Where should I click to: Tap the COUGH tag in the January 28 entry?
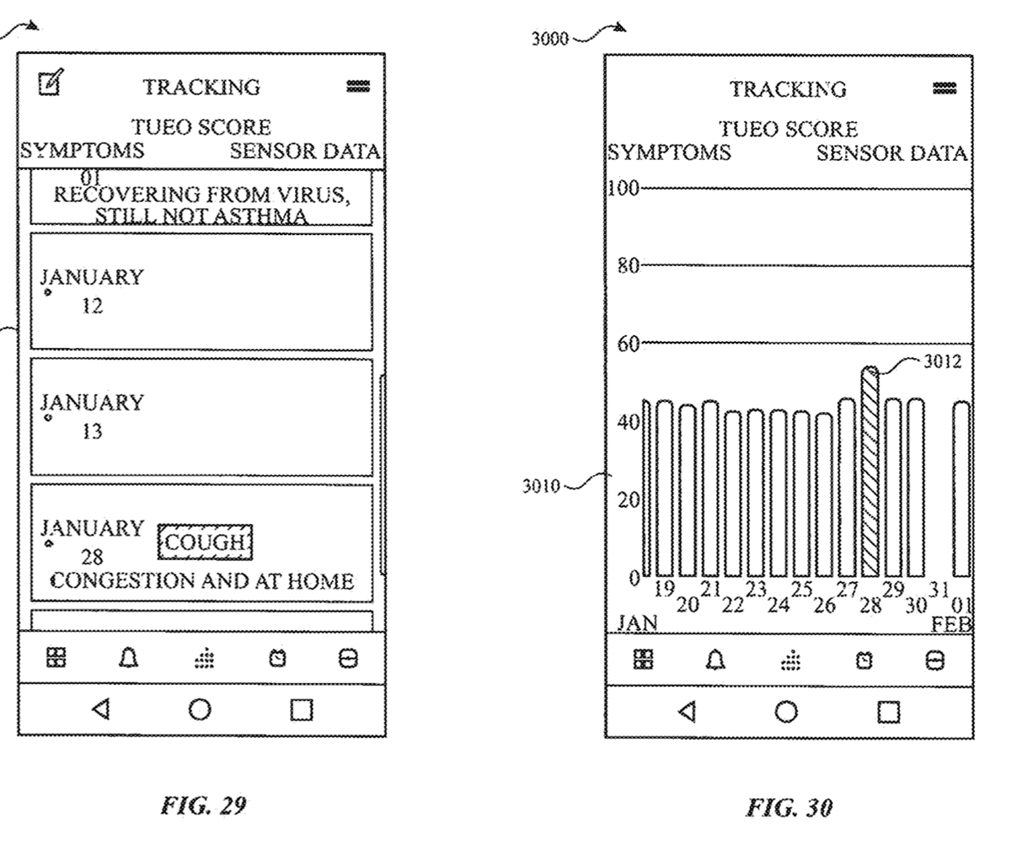pos(205,542)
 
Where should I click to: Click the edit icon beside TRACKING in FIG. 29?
pos(51,83)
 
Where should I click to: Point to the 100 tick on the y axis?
pos(624,187)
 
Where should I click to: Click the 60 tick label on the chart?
pos(628,343)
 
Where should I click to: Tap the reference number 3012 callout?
pos(942,361)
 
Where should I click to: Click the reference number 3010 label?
pos(540,486)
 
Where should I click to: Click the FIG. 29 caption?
pos(203,805)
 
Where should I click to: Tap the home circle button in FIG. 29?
pos(200,709)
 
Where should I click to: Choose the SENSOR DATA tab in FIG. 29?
pos(304,152)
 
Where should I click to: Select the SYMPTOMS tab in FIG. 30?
pos(670,152)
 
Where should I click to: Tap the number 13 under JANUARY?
pos(92,431)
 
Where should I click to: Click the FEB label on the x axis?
pos(951,624)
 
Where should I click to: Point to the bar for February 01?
pos(961,489)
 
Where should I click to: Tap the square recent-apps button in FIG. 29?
pos(301,710)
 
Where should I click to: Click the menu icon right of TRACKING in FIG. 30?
pos(944,88)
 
